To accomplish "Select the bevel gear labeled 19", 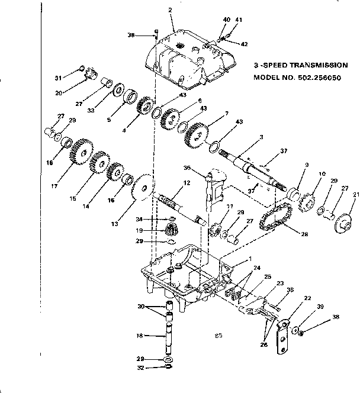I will (x=171, y=230).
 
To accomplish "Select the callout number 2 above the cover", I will (x=169, y=10).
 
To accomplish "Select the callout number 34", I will (x=140, y=218).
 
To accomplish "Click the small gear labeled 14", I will (x=114, y=172).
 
